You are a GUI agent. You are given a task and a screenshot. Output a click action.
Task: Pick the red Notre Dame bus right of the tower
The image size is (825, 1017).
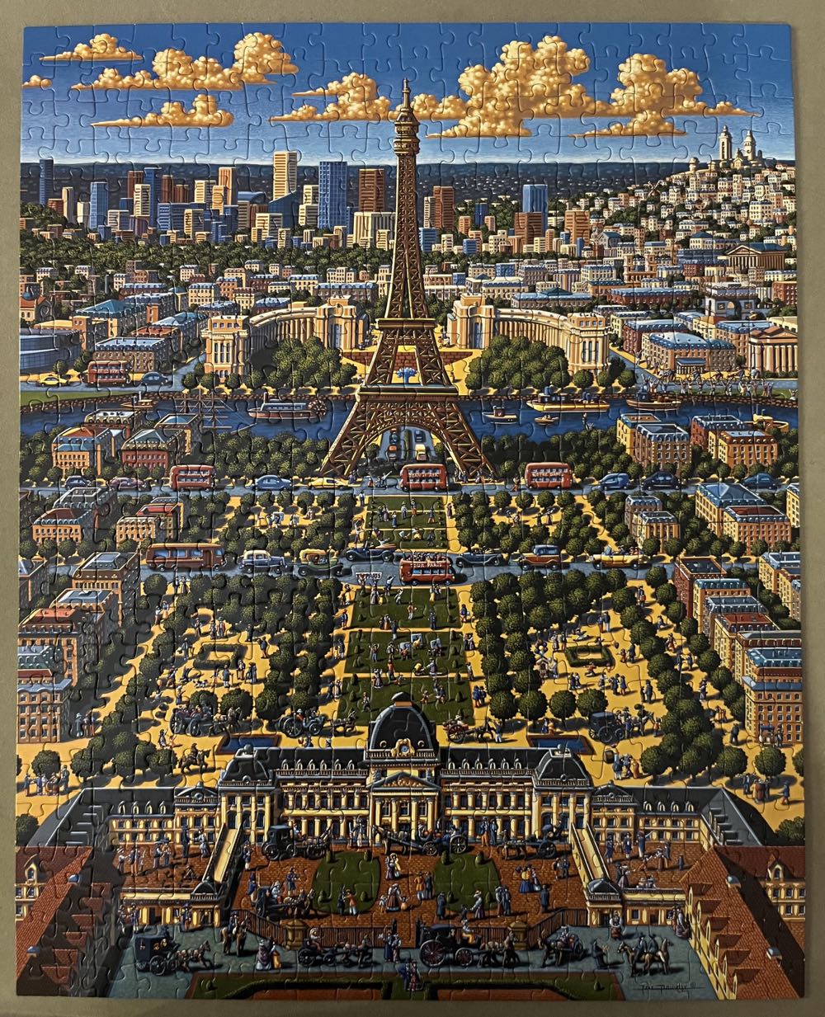point(549,474)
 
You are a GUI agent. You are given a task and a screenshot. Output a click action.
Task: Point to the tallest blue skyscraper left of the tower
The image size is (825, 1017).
point(332,194)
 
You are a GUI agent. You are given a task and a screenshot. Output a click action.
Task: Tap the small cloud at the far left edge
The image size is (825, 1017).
point(36,82)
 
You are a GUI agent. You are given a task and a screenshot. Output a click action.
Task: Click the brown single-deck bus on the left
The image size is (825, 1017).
point(185,554)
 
